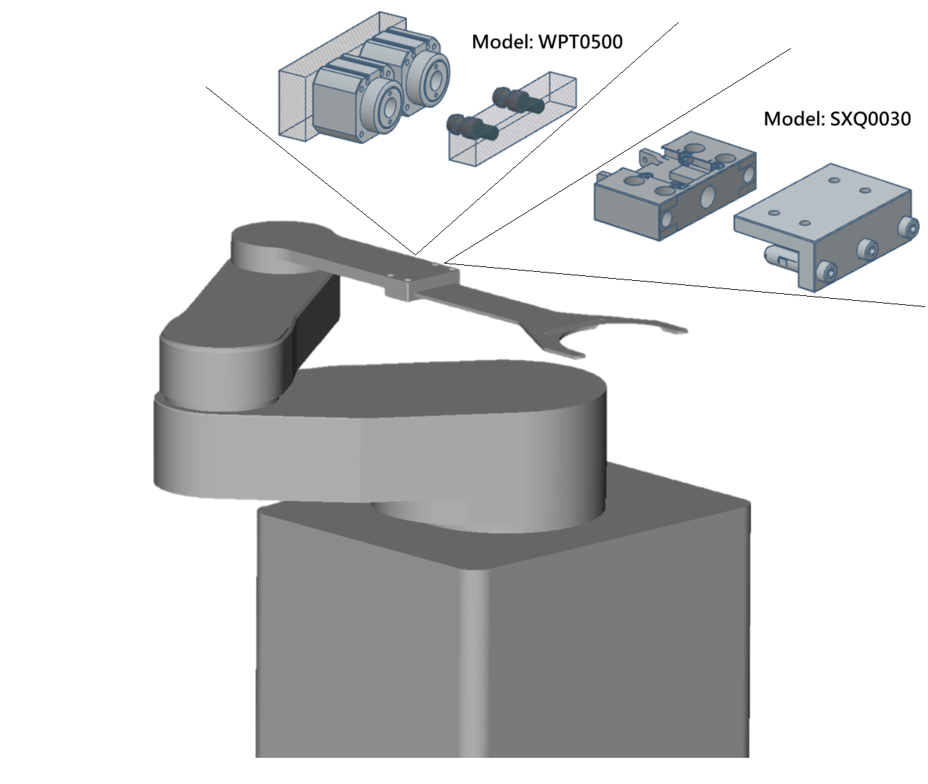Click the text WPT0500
(580, 42)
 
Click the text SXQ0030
(869, 119)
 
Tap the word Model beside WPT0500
(501, 42)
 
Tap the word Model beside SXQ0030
(793, 119)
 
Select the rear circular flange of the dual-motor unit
(430, 75)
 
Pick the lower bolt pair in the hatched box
(471, 126)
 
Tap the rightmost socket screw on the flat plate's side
(911, 229)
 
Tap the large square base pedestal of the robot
(503, 640)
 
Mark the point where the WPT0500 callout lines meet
(415, 253)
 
